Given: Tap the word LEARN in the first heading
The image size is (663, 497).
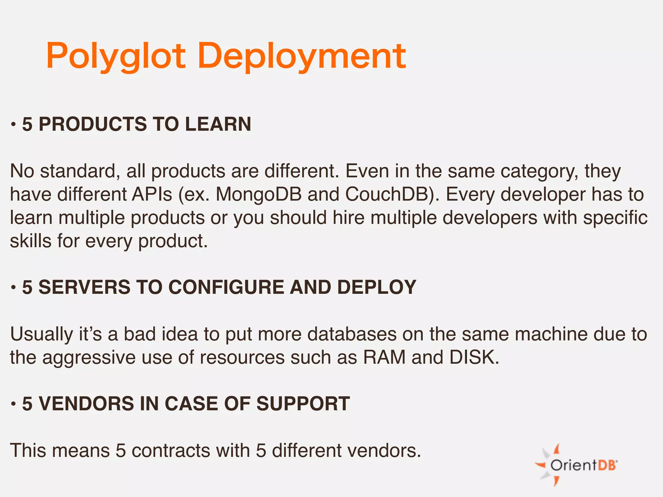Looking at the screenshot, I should point(218,124).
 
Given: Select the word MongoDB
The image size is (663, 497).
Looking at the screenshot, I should point(259,194).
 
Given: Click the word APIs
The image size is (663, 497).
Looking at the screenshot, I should point(152,194).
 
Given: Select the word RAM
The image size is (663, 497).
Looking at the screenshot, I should point(384,358).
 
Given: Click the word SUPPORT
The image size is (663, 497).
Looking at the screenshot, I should point(303,404).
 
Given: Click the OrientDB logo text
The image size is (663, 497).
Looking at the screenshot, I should point(583,466).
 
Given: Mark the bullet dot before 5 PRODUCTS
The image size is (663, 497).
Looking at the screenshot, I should point(13,125).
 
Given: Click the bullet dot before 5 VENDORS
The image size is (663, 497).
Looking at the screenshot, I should point(13,404).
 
